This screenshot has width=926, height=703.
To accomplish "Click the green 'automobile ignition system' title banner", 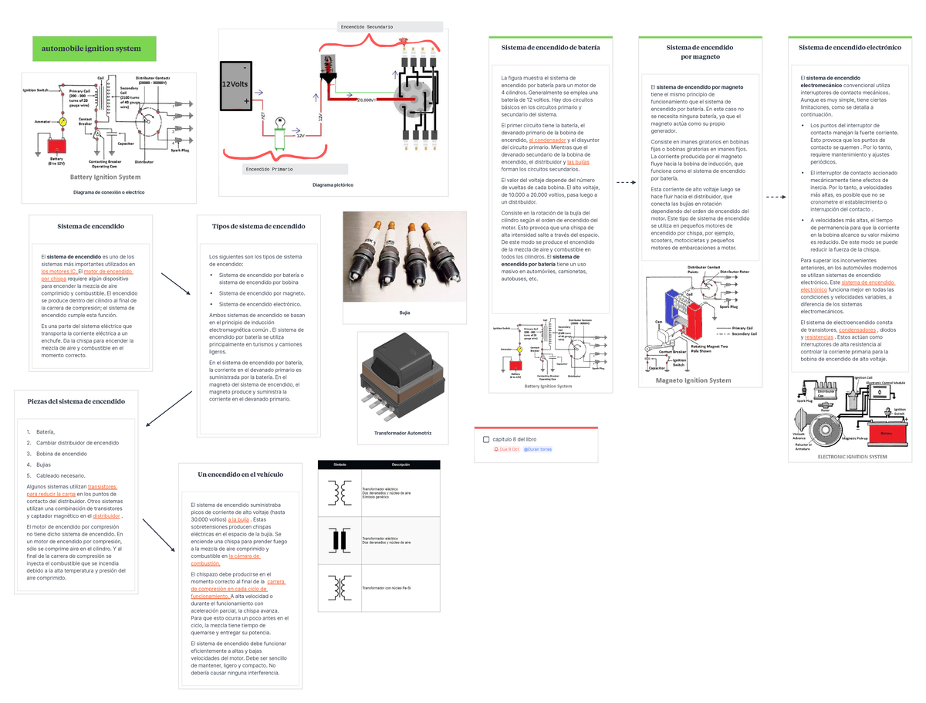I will pos(93,49).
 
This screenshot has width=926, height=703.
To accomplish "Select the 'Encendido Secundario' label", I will pos(366,27).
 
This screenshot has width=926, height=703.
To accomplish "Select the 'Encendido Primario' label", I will pos(269,168).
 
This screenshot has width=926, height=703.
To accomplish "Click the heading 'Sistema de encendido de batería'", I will pos(550,47).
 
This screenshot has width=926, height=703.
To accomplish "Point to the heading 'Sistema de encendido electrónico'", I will pos(850,47).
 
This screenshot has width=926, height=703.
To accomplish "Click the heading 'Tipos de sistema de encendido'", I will pos(259,226).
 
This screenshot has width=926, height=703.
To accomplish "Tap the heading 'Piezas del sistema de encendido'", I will pos(76,401).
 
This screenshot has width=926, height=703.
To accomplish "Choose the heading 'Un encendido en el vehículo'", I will pos(240,474).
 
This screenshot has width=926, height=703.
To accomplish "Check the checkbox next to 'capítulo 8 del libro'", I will pos(485,439).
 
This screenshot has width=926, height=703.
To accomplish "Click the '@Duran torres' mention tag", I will pos(537,449).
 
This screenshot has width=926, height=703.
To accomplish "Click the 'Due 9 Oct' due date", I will pos(506,449).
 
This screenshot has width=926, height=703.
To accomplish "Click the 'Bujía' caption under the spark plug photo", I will pos(404,313).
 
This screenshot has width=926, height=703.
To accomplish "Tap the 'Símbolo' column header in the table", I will pos(340,465).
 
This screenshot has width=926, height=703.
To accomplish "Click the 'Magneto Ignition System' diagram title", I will pos(693,380).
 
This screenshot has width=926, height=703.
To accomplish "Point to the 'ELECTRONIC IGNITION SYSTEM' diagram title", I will pos(852,457).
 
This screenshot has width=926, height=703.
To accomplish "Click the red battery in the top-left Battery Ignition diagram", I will pos(56,145).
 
